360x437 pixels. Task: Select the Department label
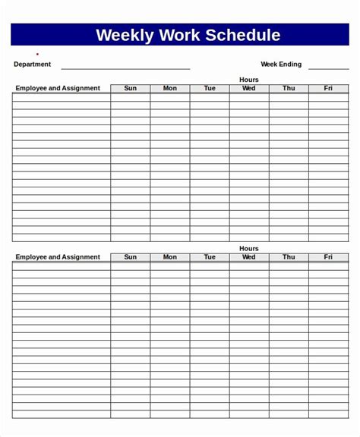click(33, 64)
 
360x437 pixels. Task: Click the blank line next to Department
click(125, 68)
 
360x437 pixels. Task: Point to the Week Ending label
click(281, 64)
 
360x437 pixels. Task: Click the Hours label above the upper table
click(249, 80)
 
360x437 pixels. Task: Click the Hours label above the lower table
click(249, 249)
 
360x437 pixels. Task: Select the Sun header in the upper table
click(131, 88)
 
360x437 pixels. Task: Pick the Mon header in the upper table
click(170, 88)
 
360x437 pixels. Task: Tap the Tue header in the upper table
click(210, 88)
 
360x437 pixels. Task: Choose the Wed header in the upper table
click(249, 88)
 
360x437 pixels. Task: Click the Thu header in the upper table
click(289, 88)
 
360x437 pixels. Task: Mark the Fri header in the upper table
click(328, 88)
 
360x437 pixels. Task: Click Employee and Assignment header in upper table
click(58, 88)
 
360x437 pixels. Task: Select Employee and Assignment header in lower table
click(58, 257)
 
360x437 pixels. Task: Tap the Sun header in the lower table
click(131, 257)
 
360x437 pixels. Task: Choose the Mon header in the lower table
click(170, 257)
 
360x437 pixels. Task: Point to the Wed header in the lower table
click(249, 257)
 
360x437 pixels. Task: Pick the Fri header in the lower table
click(328, 257)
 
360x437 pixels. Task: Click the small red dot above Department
click(37, 55)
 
